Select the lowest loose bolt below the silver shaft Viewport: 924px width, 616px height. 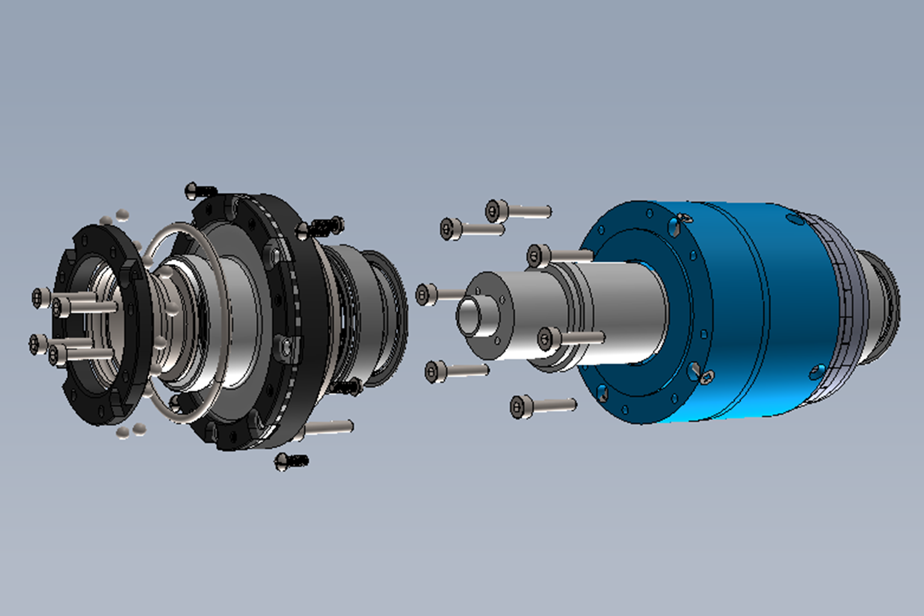click(x=521, y=407)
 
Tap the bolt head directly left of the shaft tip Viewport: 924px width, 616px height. click(x=426, y=295)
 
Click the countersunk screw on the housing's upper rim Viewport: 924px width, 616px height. click(x=683, y=218)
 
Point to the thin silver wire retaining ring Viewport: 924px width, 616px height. click(x=180, y=325)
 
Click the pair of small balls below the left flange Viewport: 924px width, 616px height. click(x=131, y=431)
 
